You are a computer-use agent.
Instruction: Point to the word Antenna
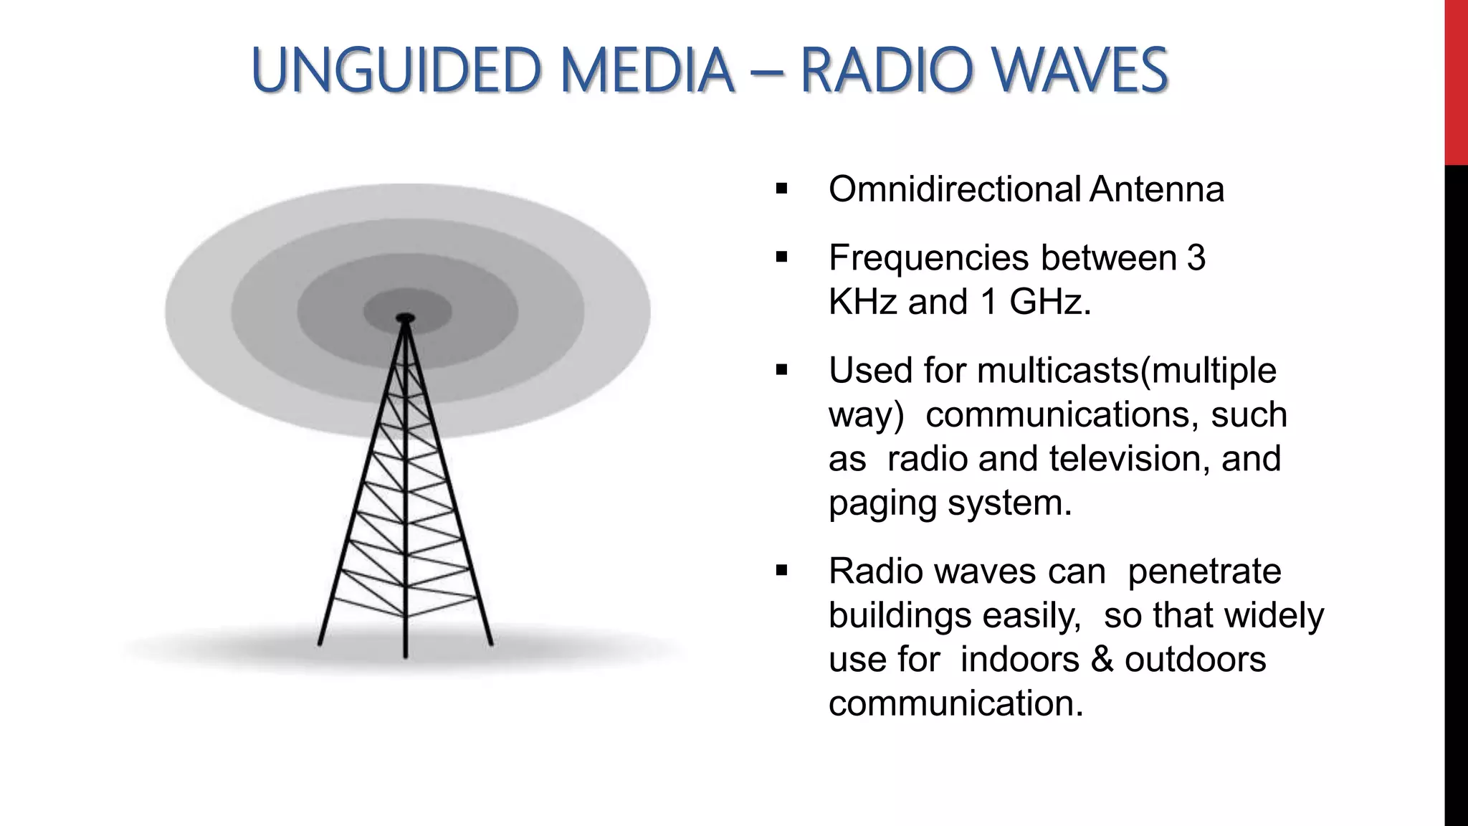1156,189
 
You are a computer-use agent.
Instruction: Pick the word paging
883,503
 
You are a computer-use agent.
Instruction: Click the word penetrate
1204,571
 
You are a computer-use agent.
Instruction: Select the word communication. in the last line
955,703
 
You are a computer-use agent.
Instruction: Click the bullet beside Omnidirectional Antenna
781,190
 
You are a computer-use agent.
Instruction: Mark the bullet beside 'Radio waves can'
781,571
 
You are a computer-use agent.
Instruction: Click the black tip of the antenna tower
406,317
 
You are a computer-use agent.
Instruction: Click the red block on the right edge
1456,82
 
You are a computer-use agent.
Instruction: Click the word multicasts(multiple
1126,371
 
